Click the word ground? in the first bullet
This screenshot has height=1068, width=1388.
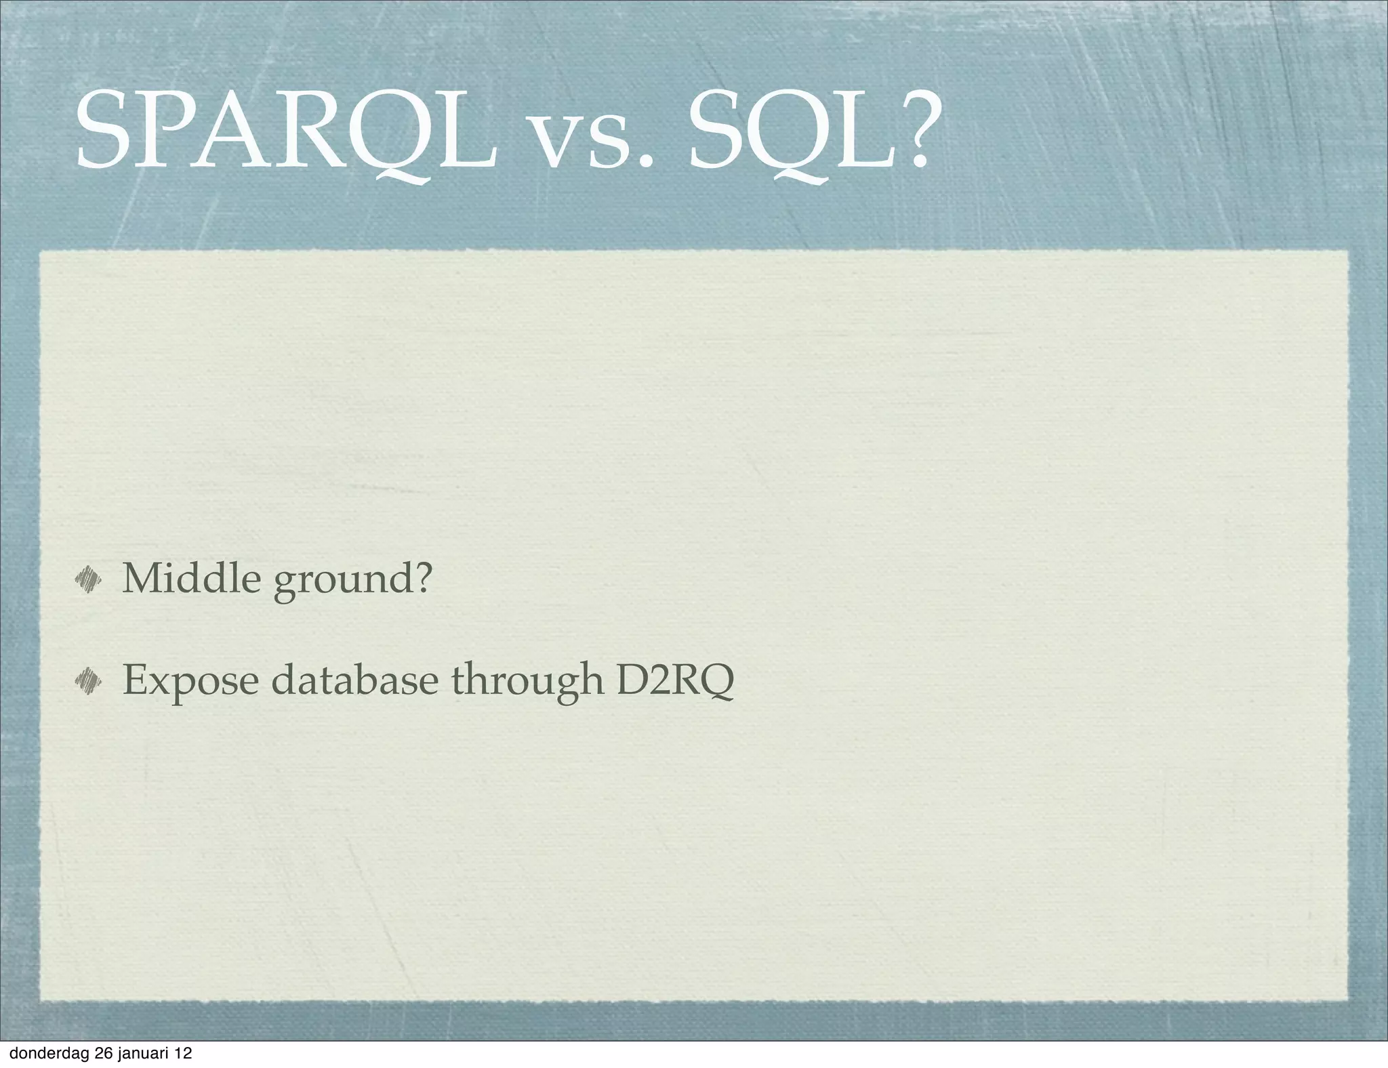352,581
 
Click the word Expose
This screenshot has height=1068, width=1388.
190,681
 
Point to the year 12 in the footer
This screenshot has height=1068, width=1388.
182,1053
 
